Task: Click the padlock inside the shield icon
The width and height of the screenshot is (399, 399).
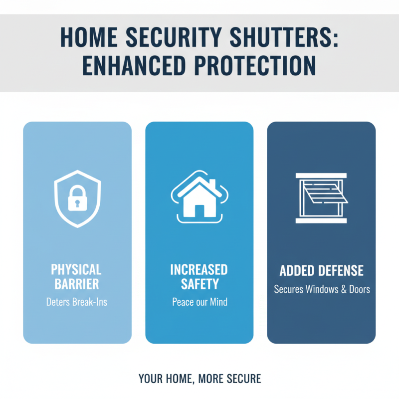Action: click(x=77, y=199)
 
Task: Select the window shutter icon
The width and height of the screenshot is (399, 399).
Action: click(x=321, y=198)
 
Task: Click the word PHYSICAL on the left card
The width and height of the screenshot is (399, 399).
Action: click(x=76, y=270)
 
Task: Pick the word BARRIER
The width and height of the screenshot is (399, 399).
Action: click(x=76, y=285)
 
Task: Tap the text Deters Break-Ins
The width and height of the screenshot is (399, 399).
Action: click(x=76, y=301)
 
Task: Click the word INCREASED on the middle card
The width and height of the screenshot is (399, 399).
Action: click(x=199, y=270)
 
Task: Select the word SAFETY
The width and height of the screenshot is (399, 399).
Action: click(x=199, y=285)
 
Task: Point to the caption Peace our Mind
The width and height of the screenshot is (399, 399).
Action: click(x=199, y=301)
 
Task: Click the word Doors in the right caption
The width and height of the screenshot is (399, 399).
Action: click(x=359, y=289)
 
